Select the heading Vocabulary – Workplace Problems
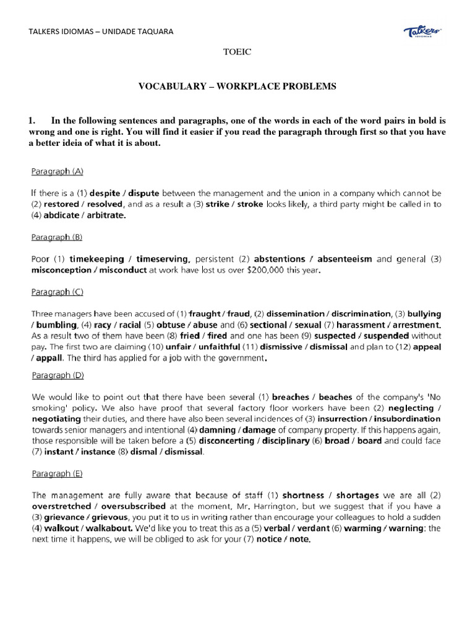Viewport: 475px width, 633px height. point(237,87)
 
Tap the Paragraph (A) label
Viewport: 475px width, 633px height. point(57,170)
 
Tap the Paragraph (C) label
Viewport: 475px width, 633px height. point(57,292)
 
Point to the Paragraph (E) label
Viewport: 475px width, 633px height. point(56,474)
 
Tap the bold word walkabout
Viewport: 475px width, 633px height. point(108,529)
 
